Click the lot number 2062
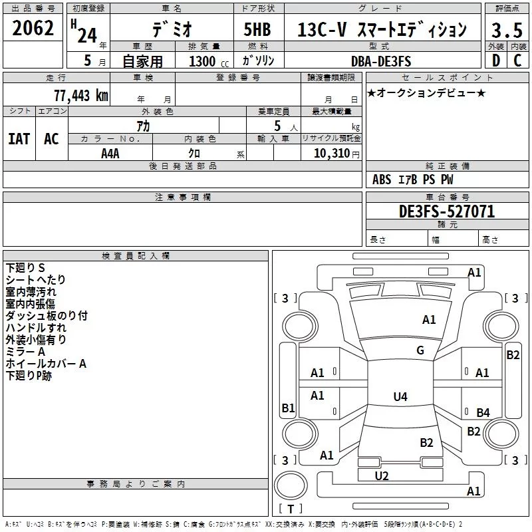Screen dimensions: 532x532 click(33, 28)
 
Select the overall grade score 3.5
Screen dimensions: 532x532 click(507, 30)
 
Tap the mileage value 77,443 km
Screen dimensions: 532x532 click(81, 95)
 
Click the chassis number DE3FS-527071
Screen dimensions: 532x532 click(447, 211)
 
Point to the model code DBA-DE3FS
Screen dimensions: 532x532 click(381, 61)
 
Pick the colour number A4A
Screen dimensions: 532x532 click(110, 154)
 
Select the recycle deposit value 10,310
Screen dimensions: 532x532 click(331, 154)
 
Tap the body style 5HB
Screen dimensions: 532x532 click(257, 29)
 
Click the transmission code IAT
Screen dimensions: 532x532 click(19, 139)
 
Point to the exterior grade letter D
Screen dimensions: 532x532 click(496, 61)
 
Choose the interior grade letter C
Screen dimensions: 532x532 click(517, 61)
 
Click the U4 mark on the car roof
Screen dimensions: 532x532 click(400, 396)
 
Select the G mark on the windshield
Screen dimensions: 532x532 click(420, 350)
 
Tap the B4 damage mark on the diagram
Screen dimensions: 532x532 click(483, 412)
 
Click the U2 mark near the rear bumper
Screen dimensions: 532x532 click(382, 476)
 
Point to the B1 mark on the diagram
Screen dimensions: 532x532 click(288, 408)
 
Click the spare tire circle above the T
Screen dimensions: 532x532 click(291, 485)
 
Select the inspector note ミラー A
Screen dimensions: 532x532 click(25, 352)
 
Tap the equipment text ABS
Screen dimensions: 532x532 click(382, 180)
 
